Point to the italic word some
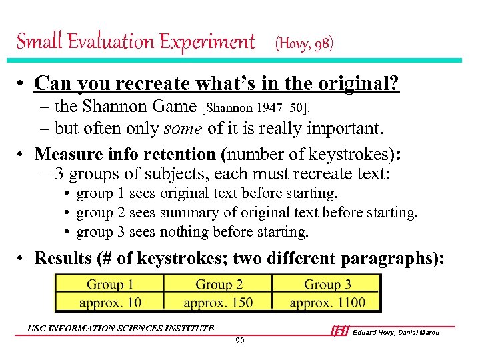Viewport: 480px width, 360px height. coord(202,128)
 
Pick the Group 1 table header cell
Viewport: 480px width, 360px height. coord(110,285)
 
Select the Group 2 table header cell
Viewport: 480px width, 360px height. coord(219,285)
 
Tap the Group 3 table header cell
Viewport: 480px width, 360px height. coord(327,285)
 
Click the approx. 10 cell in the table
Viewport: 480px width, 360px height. coord(110,302)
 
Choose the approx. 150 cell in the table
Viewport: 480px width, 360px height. coord(219,302)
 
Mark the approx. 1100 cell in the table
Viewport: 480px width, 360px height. coord(327,302)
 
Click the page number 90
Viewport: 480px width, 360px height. coord(239,341)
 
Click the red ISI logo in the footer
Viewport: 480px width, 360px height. coord(340,331)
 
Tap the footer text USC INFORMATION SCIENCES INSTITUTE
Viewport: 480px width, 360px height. coord(121,328)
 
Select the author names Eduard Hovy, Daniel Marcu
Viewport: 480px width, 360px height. coord(396,332)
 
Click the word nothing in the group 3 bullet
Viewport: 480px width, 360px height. coord(183,233)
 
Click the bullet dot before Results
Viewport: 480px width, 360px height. coord(23,259)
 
